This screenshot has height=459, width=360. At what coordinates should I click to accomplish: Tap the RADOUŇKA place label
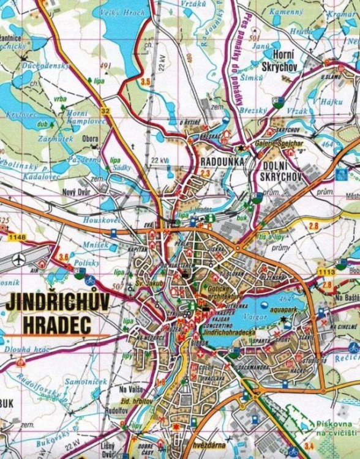222,161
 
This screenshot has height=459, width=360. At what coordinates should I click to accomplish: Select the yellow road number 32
105,111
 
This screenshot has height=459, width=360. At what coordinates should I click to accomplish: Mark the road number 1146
20,237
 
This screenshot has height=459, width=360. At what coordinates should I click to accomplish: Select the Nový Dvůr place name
76,190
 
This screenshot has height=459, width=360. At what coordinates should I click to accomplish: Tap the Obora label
90,139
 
